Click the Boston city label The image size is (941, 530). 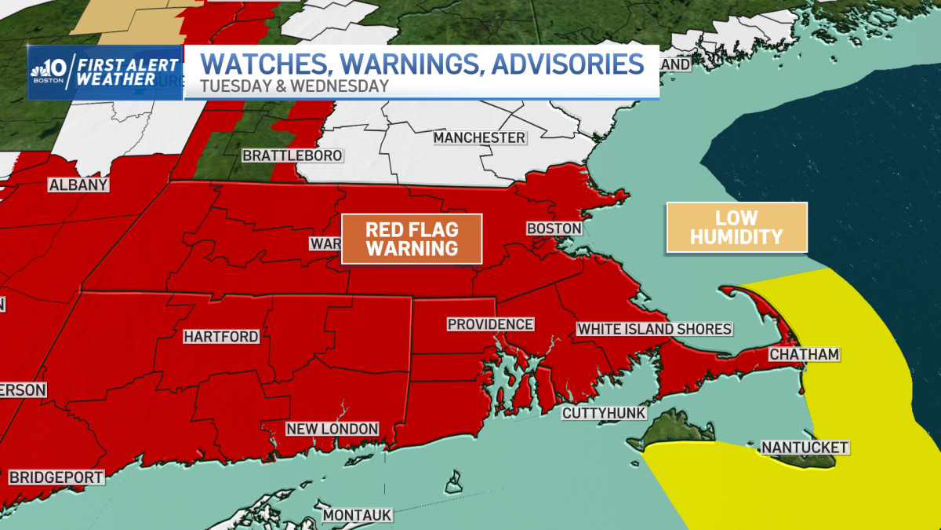pyautogui.click(x=554, y=228)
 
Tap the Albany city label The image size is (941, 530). pyautogui.click(x=78, y=185)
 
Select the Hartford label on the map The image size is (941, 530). pyautogui.click(x=221, y=337)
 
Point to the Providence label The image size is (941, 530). pyautogui.click(x=490, y=324)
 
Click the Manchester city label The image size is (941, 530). pyautogui.click(x=479, y=138)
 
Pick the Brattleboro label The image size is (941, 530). pyautogui.click(x=292, y=155)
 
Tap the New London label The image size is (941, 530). pyautogui.click(x=332, y=429)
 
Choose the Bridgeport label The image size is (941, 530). pyautogui.click(x=56, y=477)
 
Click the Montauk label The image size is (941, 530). pyautogui.click(x=357, y=515)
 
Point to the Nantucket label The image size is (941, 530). pyautogui.click(x=805, y=448)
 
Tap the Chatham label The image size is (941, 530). pyautogui.click(x=804, y=355)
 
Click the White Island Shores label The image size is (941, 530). pyautogui.click(x=654, y=329)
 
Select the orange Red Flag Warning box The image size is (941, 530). pyautogui.click(x=412, y=239)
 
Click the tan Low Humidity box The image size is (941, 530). pyautogui.click(x=736, y=227)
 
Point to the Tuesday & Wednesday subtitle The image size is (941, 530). pyautogui.click(x=294, y=86)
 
